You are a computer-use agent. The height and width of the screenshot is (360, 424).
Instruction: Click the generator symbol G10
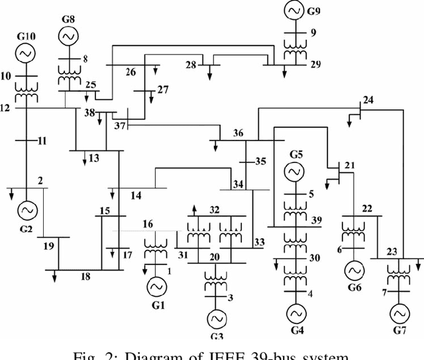pyautogui.click(x=26, y=52)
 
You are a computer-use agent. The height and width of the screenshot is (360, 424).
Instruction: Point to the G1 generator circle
pyautogui.click(x=157, y=286)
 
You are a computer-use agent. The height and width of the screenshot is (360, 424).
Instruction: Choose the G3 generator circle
pyautogui.click(x=216, y=319)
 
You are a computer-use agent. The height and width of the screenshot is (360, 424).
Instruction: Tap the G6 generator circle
pyautogui.click(x=352, y=270)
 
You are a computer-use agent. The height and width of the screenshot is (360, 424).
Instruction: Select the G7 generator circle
pyautogui.click(x=399, y=312)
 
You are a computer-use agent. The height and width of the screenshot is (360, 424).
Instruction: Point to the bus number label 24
pyautogui.click(x=368, y=101)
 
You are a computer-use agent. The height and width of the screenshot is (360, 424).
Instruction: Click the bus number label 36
pyautogui.click(x=238, y=133)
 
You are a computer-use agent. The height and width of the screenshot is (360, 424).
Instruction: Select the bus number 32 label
pyautogui.click(x=214, y=210)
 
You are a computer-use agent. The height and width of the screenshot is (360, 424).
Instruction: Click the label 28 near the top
pyautogui.click(x=191, y=64)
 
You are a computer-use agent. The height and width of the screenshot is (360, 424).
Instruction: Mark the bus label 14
pyautogui.click(x=136, y=195)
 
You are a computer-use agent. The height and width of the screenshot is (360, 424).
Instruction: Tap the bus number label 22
pyautogui.click(x=367, y=208)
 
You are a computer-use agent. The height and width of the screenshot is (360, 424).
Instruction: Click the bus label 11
pyautogui.click(x=42, y=141)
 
